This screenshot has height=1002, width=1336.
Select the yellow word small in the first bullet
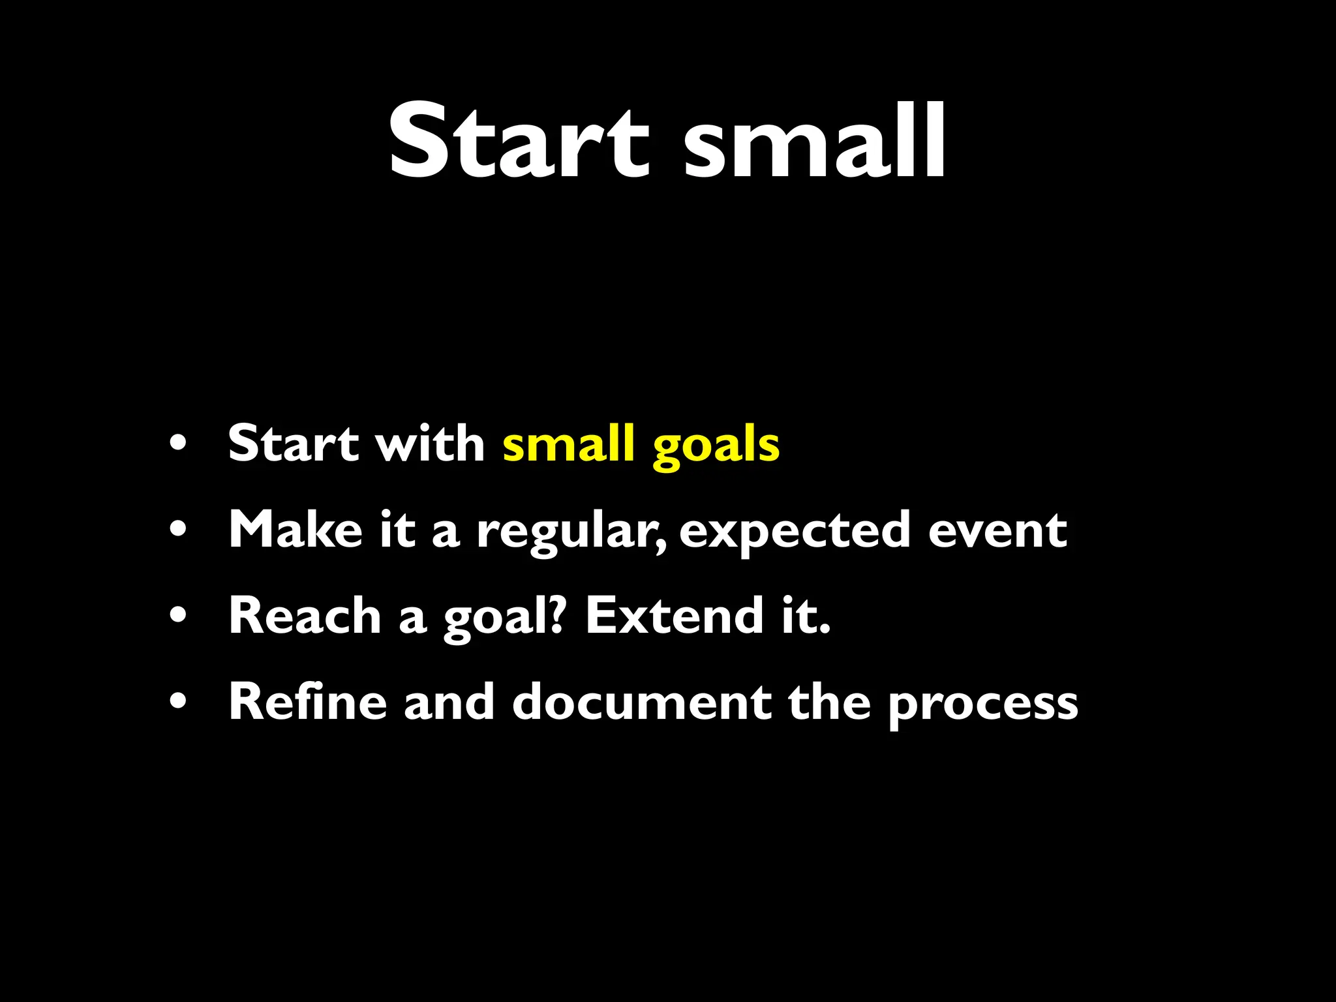(x=568, y=444)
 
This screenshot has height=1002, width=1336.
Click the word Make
(x=295, y=530)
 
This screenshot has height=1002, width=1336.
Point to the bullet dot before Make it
(x=177, y=529)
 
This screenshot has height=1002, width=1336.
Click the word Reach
(x=304, y=616)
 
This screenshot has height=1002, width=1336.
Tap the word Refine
(x=307, y=702)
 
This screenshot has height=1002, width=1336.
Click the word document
(x=641, y=702)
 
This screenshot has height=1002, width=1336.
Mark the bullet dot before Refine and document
(x=177, y=702)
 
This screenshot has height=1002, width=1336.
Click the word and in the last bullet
(x=449, y=702)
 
